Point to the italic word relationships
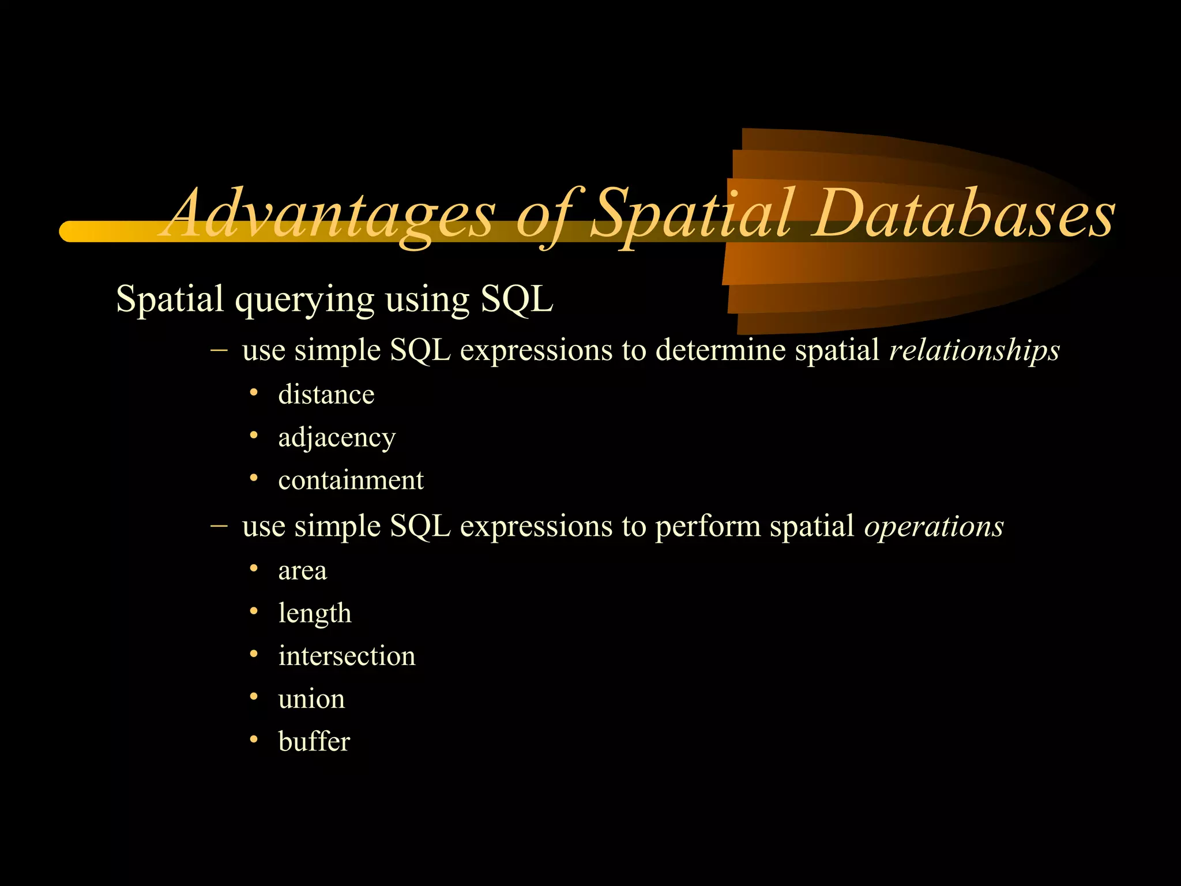click(x=974, y=350)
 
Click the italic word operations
click(x=934, y=526)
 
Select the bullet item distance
click(x=326, y=395)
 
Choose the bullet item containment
click(x=351, y=480)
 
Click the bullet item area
click(x=302, y=571)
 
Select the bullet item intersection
click(x=347, y=656)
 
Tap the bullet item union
click(x=311, y=699)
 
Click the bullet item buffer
click(x=314, y=742)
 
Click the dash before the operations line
click(x=219, y=525)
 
